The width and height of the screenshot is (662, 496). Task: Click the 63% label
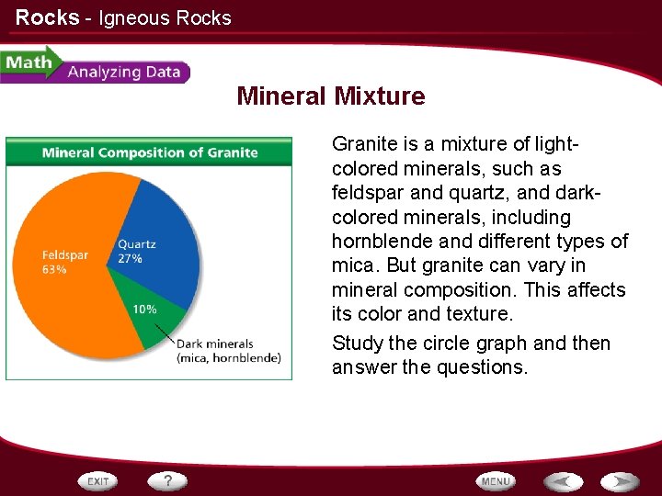point(54,270)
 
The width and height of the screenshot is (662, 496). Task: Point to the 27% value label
point(130,259)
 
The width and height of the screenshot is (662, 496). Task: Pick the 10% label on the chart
point(144,310)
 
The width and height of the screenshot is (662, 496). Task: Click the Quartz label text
point(137,244)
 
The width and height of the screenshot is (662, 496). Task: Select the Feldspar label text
point(64,254)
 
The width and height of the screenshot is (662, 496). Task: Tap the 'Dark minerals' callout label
point(215,345)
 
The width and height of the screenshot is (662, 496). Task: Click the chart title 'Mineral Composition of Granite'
point(149,152)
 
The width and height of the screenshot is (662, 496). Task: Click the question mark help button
point(167,480)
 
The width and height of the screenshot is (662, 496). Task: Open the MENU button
point(496,480)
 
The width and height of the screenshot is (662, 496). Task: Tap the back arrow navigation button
point(563,480)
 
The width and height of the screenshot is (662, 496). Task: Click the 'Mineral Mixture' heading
point(330,96)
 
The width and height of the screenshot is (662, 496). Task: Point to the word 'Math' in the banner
point(28,62)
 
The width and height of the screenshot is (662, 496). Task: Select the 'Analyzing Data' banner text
point(123,72)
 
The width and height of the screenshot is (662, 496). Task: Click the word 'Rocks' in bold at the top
point(47,17)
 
